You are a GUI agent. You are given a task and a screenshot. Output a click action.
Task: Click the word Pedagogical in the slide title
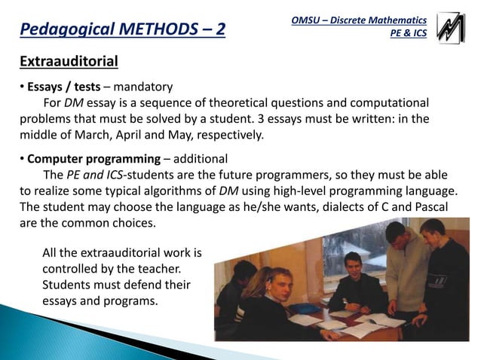[x=68, y=31]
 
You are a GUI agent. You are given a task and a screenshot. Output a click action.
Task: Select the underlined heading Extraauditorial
[x=68, y=59]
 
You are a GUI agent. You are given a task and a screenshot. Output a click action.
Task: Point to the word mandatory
[x=143, y=87]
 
